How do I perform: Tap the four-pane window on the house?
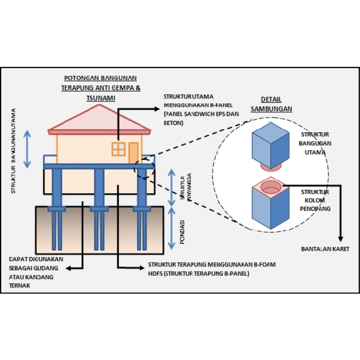pos(118,149)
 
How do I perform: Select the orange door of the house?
pos(133,152)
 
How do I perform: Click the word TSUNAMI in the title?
pos(101,97)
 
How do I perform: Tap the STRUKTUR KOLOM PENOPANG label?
pos(315,201)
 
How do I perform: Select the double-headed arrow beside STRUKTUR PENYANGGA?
pos(171,185)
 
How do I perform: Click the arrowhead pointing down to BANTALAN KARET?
pos(340,238)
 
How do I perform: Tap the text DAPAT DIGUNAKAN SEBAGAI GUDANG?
pos(34,263)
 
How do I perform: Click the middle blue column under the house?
pos(99,188)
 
